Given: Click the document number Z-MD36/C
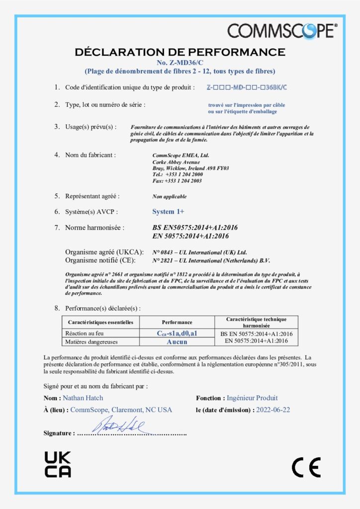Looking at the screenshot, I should click(x=180, y=62).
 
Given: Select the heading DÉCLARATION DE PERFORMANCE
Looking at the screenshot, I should click(x=180, y=52).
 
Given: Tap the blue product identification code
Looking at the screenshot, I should click(x=247, y=87).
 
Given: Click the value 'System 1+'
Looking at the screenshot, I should click(x=168, y=212).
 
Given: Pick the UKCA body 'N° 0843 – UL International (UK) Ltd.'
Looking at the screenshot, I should click(x=199, y=252).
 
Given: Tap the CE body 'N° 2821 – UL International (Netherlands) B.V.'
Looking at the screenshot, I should click(x=211, y=260).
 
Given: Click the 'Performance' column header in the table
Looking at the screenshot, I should click(x=177, y=322).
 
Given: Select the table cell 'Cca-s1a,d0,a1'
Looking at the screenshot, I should click(x=177, y=333).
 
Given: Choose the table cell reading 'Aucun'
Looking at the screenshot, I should click(x=177, y=341).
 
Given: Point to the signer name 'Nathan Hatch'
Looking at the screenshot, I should click(x=83, y=398).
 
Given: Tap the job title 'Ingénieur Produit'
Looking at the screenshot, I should click(x=252, y=398).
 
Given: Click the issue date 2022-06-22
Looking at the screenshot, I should click(x=273, y=410).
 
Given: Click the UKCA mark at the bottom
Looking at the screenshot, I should click(x=58, y=464).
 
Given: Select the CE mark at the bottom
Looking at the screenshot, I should click(x=306, y=467).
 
